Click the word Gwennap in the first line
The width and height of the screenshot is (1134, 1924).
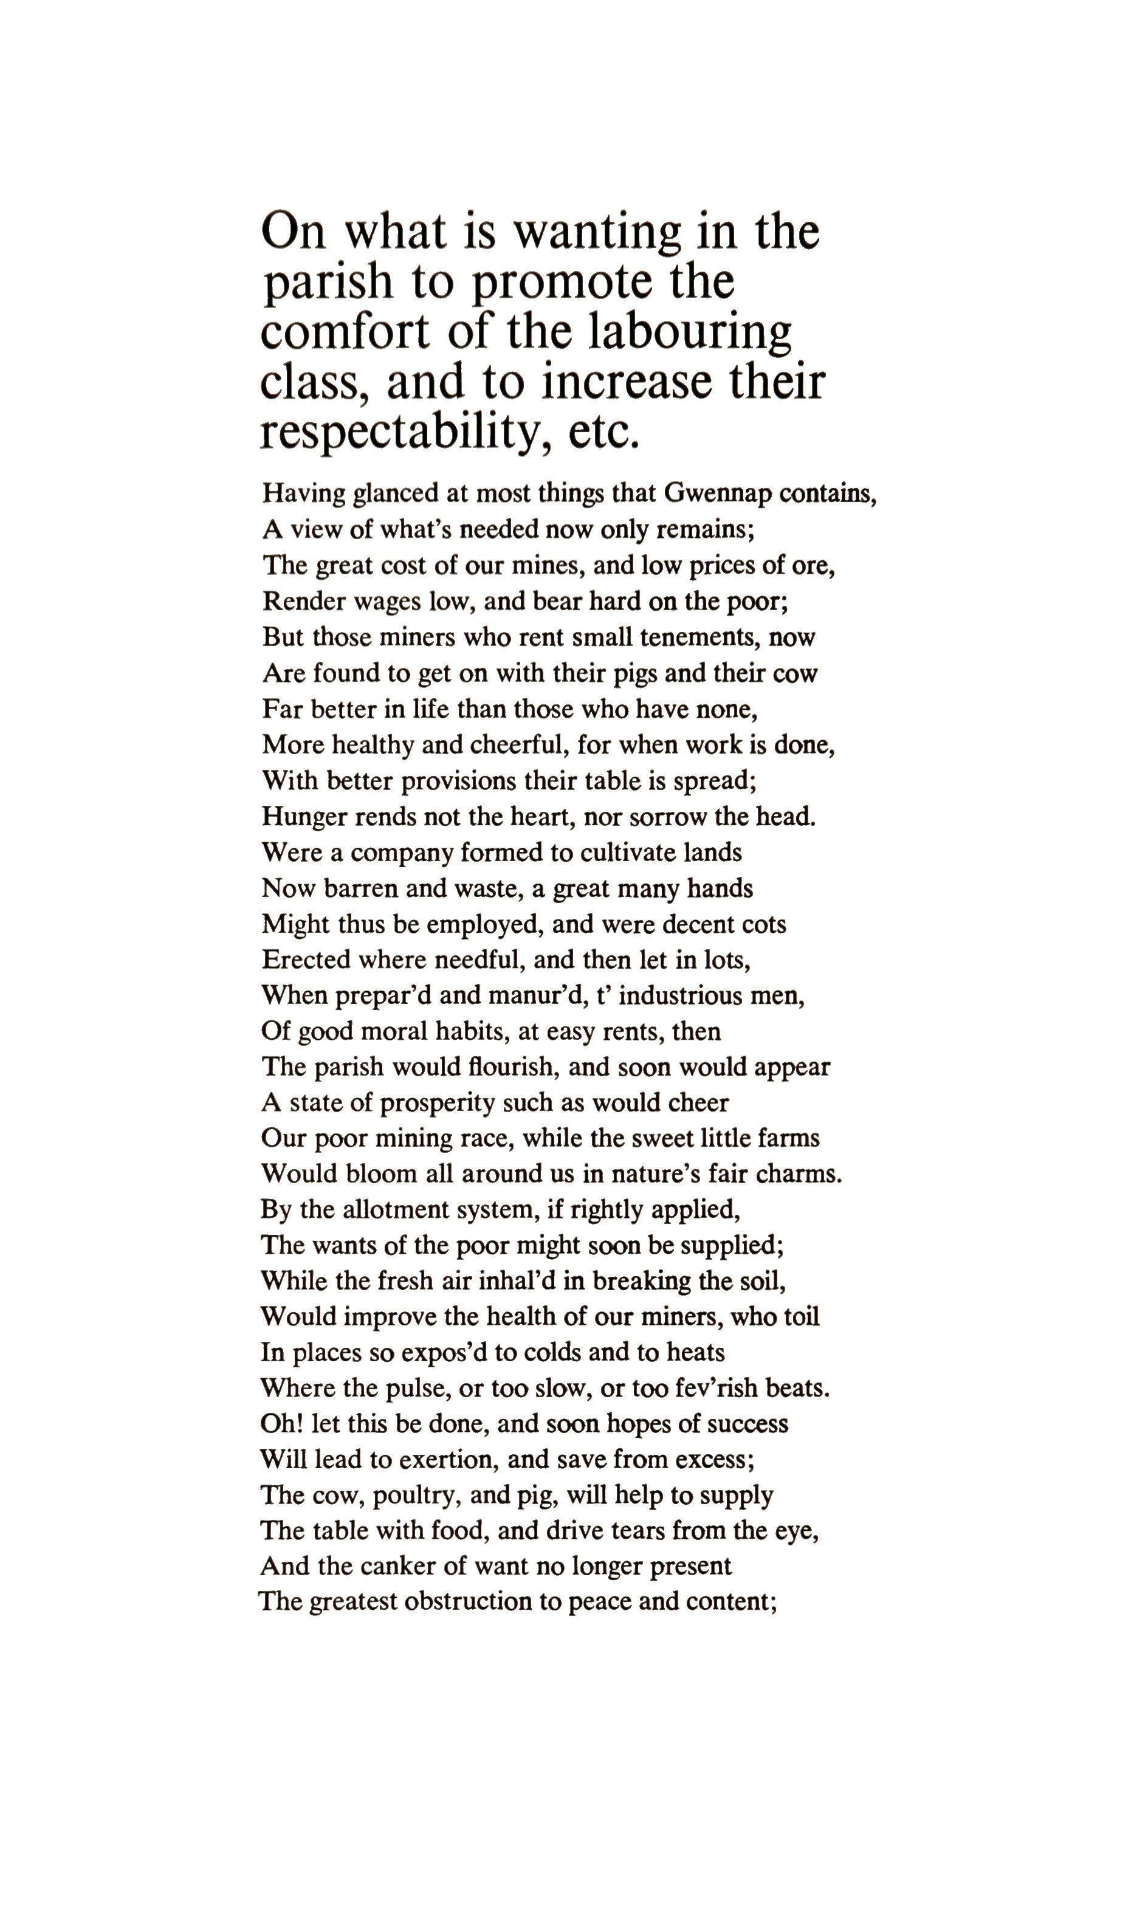pyautogui.click(x=716, y=493)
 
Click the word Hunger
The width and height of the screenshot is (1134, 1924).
pyautogui.click(x=303, y=817)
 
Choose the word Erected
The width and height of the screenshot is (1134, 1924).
pyautogui.click(x=304, y=960)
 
